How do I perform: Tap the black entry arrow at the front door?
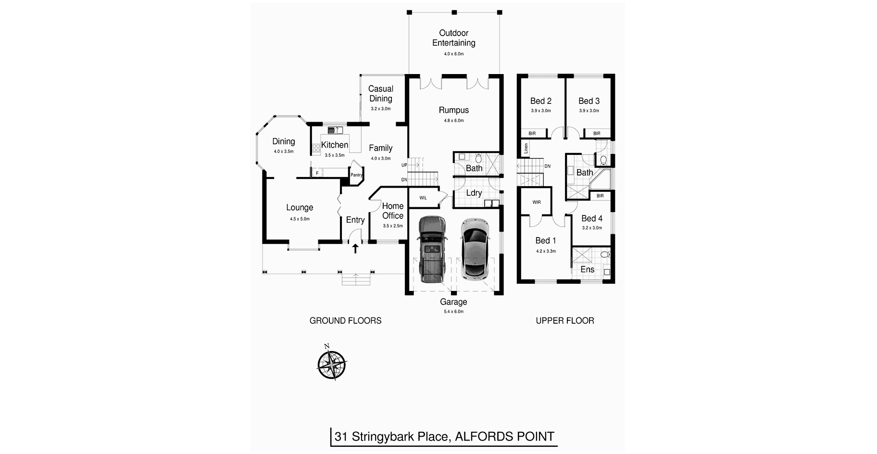click(x=355, y=249)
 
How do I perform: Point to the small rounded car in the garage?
click(x=474, y=249)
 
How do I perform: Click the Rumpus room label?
click(x=453, y=110)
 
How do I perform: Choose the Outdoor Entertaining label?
click(x=453, y=38)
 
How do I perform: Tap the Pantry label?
click(x=356, y=175)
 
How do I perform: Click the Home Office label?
click(x=393, y=211)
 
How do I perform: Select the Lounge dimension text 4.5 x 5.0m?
click(x=300, y=219)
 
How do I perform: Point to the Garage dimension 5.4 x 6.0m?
click(x=453, y=312)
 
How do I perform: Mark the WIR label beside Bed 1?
click(x=537, y=202)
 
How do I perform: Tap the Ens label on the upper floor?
click(x=587, y=269)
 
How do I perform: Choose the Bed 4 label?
click(x=592, y=218)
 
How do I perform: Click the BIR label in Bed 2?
click(x=532, y=133)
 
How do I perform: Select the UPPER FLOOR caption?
click(x=565, y=320)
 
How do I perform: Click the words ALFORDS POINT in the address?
click(x=504, y=437)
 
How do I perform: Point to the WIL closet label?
click(x=423, y=198)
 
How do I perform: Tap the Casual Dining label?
click(x=381, y=94)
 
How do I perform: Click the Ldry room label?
click(x=474, y=193)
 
